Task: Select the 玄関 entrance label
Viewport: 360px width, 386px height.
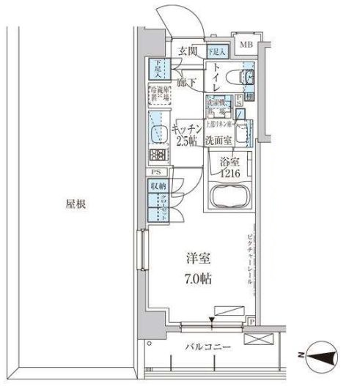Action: (x=188, y=51)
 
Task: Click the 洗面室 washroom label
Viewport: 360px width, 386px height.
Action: (x=219, y=138)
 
